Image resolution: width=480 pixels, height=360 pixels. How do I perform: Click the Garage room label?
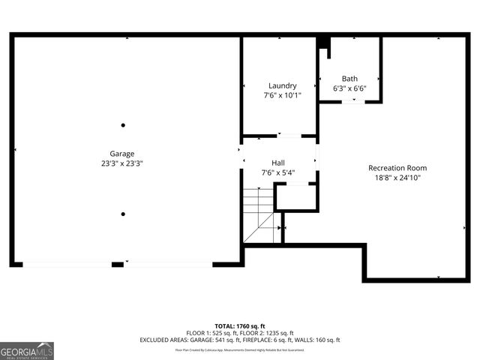point(122,154)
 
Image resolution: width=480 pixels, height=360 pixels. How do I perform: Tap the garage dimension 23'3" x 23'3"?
point(122,163)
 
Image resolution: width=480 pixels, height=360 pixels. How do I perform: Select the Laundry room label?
point(282,86)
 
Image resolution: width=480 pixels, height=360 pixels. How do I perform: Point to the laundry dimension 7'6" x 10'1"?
point(282,96)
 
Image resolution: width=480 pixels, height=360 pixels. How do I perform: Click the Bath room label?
point(349,79)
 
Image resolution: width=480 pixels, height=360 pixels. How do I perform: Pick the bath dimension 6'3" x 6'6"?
point(349,88)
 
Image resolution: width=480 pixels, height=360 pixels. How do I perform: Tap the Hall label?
point(278,163)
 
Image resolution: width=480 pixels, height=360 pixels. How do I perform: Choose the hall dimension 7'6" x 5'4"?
point(278,173)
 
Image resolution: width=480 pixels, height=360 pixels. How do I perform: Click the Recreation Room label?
point(397,168)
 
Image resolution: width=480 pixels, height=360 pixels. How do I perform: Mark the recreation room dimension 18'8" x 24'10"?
point(397,178)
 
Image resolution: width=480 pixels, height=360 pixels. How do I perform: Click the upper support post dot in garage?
point(123,125)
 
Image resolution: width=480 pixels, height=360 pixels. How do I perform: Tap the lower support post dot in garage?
point(123,214)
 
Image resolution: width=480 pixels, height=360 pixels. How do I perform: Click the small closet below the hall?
point(295,196)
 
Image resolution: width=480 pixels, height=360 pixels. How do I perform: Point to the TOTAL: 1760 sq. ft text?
point(239,326)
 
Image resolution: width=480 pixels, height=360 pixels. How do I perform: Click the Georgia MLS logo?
point(27,350)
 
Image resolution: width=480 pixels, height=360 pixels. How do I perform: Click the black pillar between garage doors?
point(118,264)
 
